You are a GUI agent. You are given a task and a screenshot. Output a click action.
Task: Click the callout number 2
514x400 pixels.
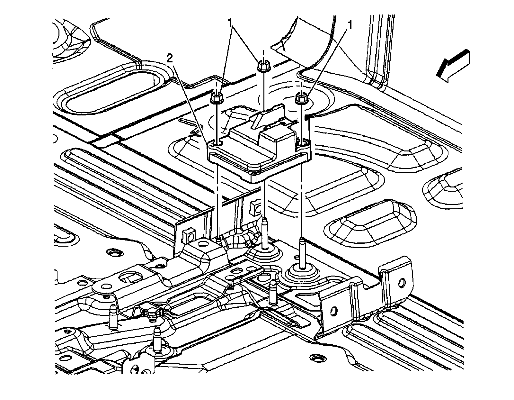170,58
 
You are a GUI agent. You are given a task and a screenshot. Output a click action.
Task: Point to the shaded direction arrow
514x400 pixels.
453,66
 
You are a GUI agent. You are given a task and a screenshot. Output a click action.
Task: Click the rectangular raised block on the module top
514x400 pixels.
276,138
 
